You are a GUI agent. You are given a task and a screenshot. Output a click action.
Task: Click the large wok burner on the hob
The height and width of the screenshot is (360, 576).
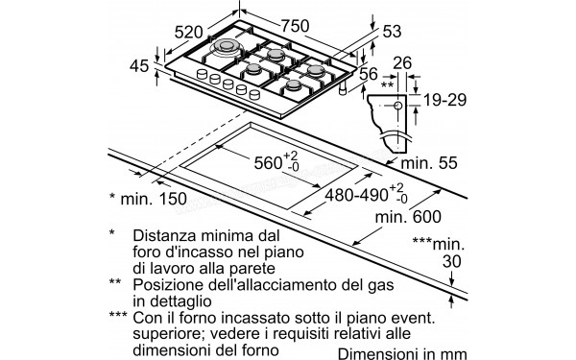coord(228,48)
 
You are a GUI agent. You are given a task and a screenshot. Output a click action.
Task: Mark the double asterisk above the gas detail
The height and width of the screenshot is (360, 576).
coord(389,84)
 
